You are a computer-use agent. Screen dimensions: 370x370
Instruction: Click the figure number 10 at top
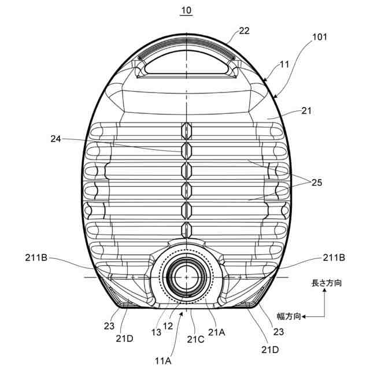pos(186,10)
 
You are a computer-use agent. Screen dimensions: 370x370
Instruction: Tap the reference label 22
pos(244,31)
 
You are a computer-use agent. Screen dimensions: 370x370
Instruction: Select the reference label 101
pos(319,37)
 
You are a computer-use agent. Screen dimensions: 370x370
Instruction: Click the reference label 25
pos(316,183)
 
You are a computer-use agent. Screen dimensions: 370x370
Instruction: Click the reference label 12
pos(168,325)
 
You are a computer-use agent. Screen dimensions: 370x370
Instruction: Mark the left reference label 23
pos(110,325)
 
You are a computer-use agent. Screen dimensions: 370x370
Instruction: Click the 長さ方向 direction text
pos(327,284)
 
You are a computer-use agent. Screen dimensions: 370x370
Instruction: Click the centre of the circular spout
pos(186,277)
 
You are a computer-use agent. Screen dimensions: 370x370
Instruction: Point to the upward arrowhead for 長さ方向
pos(326,293)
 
